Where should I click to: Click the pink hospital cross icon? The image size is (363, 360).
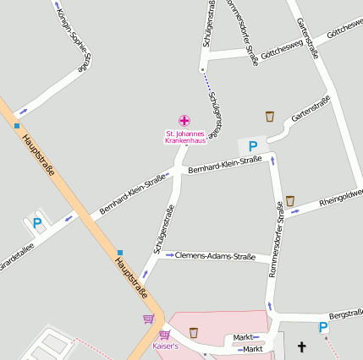tap(184, 121)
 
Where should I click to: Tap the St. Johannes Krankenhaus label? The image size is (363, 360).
tap(184, 137)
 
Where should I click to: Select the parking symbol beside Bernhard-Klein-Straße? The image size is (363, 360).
tap(252, 146)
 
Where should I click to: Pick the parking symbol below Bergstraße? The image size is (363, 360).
tap(322, 327)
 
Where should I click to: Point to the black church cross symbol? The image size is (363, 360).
tap(302, 346)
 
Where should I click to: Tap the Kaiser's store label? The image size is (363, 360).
tap(164, 346)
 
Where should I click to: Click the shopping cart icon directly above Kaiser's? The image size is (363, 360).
tap(164, 335)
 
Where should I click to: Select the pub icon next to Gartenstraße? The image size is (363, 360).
tap(270, 116)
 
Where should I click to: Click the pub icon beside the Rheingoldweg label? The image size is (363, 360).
tap(289, 200)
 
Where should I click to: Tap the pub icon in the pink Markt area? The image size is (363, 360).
tap(194, 332)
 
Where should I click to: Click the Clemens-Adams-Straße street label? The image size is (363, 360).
tap(215, 255)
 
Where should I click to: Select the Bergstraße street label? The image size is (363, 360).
tap(345, 313)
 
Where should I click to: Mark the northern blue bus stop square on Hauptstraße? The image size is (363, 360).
tap(16, 127)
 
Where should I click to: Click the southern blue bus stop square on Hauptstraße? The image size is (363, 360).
tap(120, 252)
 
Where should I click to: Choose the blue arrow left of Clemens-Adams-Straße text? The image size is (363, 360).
tap(169, 254)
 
